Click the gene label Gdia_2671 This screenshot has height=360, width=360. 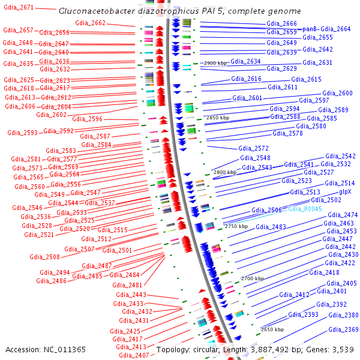19,8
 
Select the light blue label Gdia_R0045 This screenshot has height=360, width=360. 305,209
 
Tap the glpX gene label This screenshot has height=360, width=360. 345,192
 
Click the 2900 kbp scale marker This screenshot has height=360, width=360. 216,63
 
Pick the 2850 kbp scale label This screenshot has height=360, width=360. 218,118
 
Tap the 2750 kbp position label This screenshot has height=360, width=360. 236,226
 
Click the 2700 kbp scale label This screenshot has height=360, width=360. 252,279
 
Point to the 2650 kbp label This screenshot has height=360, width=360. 272,329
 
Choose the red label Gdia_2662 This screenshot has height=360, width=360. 90,23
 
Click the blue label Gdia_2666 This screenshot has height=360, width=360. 281,24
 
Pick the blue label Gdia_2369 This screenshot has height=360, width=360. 343,330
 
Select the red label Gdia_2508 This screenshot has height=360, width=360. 44,257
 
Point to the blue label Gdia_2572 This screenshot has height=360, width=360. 253,148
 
